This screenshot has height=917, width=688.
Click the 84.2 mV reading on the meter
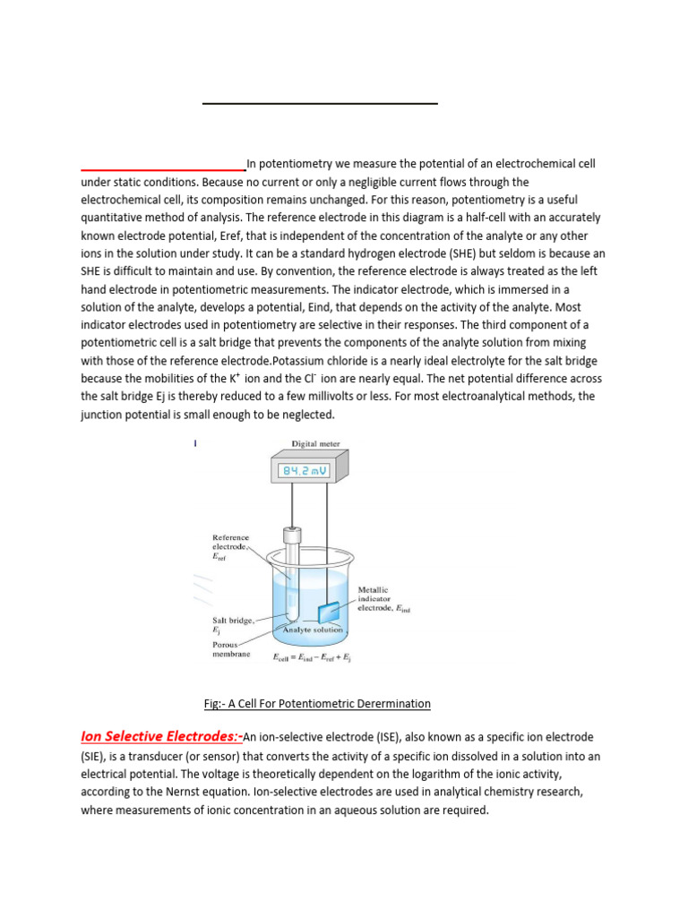305,471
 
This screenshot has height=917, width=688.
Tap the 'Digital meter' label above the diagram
315,443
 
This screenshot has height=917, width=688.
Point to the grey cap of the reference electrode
290,536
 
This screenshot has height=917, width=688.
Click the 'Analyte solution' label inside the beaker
313,630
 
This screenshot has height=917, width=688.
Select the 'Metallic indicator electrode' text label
383,599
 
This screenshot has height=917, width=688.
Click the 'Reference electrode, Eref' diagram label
230,547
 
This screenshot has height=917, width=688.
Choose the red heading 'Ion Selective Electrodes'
159,737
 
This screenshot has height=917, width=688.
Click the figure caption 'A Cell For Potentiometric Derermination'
317,704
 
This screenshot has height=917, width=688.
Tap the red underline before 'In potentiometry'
163,169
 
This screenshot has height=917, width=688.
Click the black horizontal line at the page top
320,104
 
